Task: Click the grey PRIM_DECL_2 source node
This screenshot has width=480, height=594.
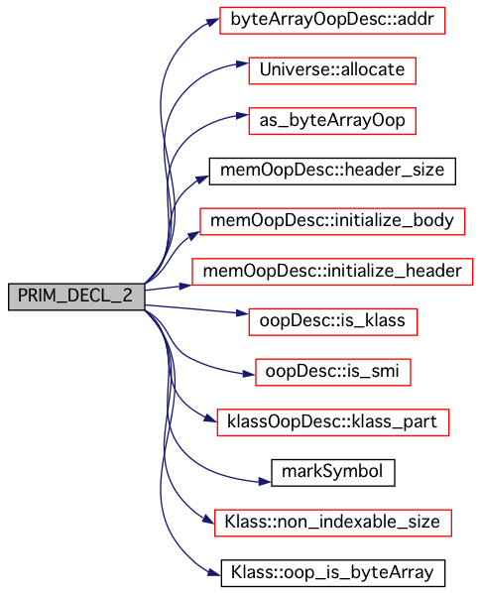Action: (x=76, y=297)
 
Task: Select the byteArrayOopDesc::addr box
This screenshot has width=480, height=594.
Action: (x=332, y=20)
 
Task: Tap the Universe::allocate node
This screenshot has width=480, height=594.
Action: (x=332, y=70)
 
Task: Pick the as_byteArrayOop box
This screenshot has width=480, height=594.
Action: (x=332, y=121)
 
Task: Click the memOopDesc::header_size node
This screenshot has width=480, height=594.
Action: (x=332, y=172)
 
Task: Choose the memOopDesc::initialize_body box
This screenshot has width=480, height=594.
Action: (x=332, y=221)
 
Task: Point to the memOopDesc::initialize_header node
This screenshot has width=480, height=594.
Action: (x=332, y=272)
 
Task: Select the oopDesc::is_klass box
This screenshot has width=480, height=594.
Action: (x=333, y=322)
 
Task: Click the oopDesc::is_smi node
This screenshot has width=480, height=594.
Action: (x=333, y=372)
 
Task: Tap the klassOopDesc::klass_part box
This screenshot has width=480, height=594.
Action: (x=333, y=422)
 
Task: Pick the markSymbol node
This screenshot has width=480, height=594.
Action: (x=333, y=473)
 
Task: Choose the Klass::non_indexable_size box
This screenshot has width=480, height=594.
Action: (x=333, y=524)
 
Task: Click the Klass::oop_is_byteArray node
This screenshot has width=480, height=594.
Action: (x=333, y=573)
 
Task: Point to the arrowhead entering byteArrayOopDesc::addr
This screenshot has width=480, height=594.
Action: (x=213, y=22)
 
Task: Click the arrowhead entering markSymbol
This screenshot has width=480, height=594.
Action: (x=265, y=482)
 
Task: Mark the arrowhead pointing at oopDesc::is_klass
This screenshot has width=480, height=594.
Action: (x=242, y=313)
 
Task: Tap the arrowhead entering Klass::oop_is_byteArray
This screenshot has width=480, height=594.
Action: (x=214, y=571)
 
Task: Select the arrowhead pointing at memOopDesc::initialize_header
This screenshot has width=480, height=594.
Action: (x=185, y=285)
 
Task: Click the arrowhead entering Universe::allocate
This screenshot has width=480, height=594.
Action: (x=242, y=63)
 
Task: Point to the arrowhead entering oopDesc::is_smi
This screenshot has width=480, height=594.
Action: (x=249, y=374)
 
